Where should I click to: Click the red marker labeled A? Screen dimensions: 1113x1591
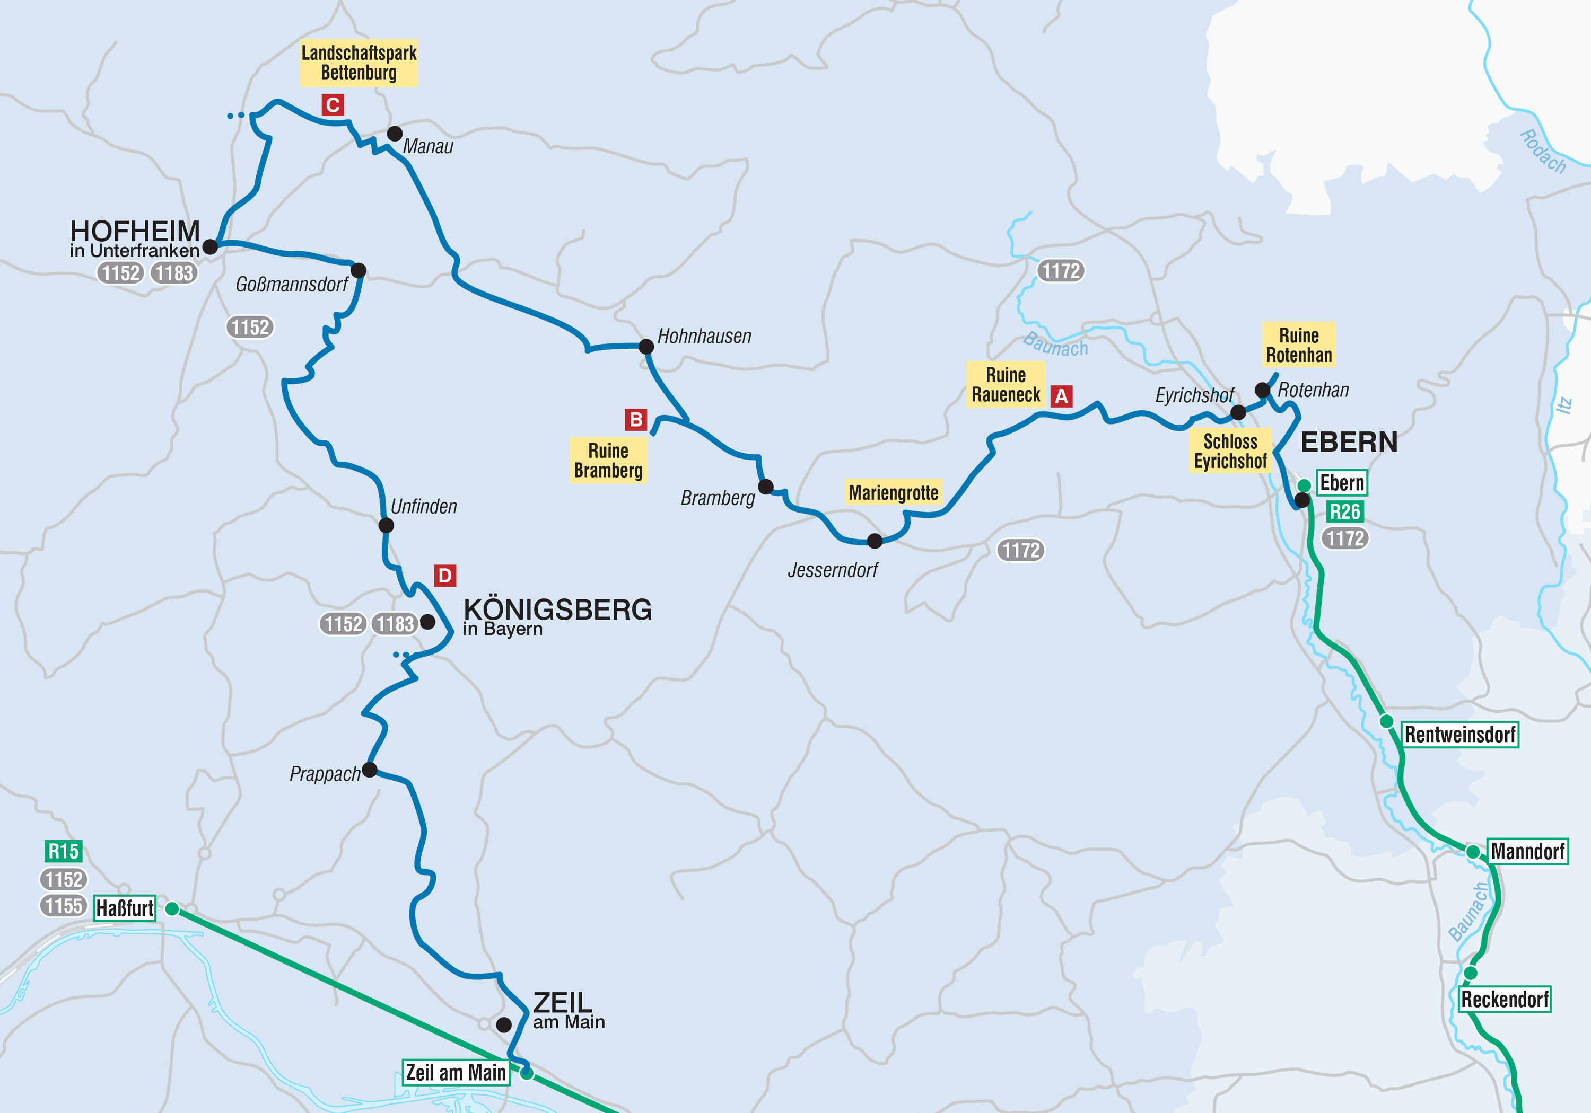coord(1061,396)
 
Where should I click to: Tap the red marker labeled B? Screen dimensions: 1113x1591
coord(635,419)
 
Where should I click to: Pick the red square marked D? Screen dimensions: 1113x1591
coord(445,576)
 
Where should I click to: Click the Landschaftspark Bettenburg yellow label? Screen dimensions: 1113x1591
coord(359,63)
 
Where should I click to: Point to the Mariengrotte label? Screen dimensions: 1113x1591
coord(893,492)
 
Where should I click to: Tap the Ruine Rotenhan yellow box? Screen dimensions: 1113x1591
coord(1299,345)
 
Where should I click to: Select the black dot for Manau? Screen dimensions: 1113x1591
coord(394,134)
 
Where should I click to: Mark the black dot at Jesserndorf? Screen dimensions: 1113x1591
coord(875,541)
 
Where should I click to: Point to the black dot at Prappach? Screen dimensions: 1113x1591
coord(370,770)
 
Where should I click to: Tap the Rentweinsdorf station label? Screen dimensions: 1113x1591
coord(1460,734)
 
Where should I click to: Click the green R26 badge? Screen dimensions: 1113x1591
coord(1344,512)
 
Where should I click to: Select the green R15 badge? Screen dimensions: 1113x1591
coord(63,851)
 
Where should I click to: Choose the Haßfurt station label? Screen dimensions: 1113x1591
coord(125,908)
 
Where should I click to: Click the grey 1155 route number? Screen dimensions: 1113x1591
coord(64,905)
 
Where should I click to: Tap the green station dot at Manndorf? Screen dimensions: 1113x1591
coord(1473,852)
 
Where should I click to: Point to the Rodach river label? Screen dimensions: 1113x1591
coord(1543,151)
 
